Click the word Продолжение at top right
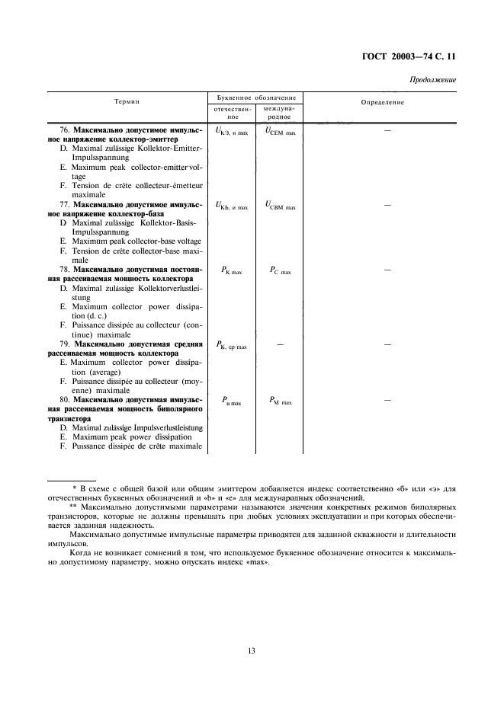(x=432, y=79)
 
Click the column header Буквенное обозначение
(x=252, y=98)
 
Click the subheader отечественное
(x=230, y=114)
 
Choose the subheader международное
(x=278, y=114)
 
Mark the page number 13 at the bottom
(x=251, y=651)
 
